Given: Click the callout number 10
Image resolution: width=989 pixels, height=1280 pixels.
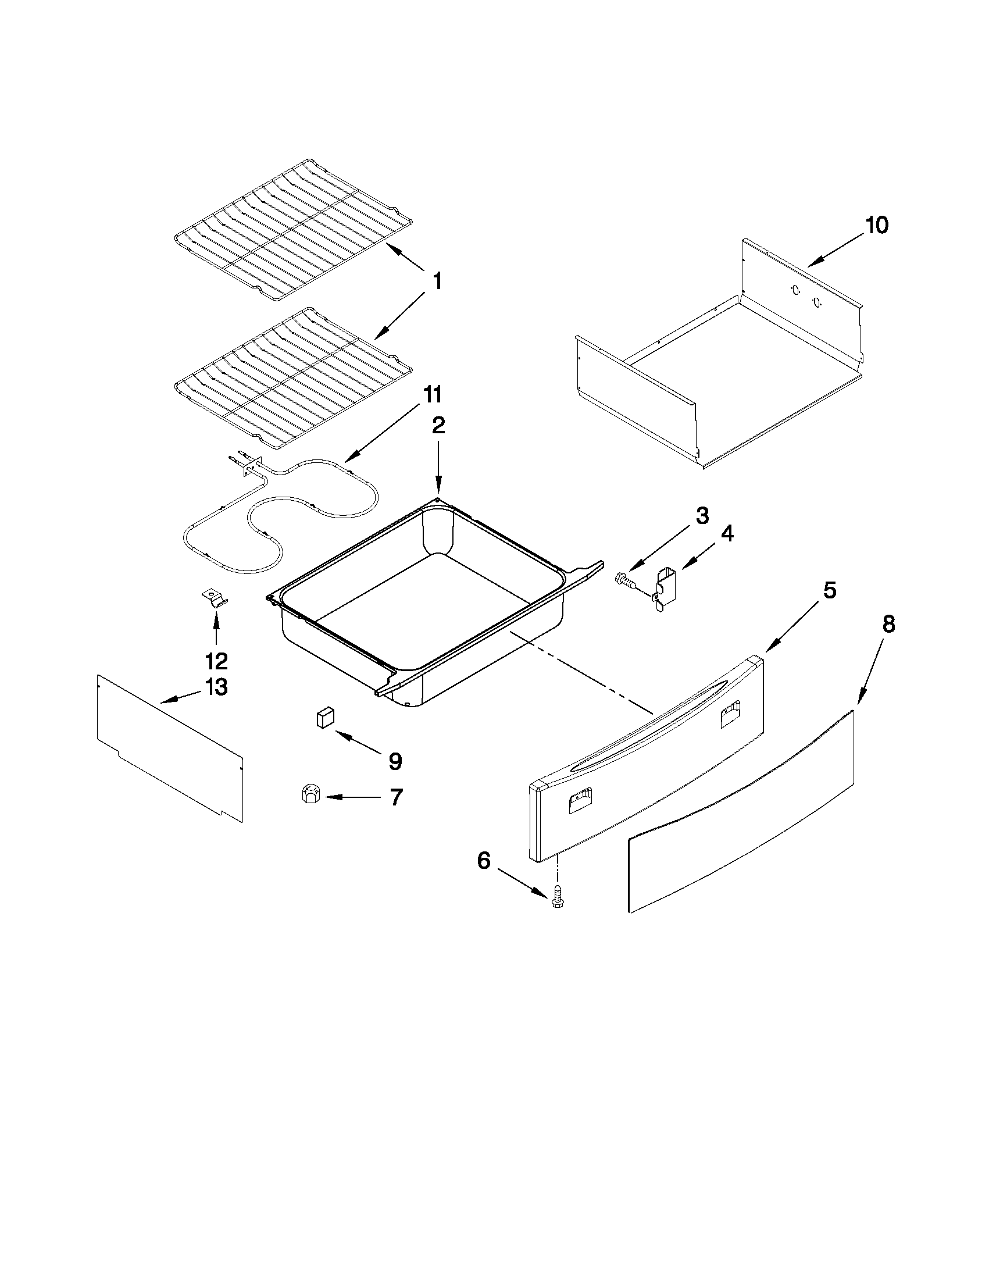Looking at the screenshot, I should [x=877, y=225].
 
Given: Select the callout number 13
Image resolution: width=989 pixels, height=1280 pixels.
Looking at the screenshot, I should [x=216, y=686].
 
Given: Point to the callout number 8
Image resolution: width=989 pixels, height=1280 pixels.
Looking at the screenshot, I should [x=888, y=625].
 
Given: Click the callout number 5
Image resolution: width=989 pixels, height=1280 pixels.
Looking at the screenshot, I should [x=830, y=590].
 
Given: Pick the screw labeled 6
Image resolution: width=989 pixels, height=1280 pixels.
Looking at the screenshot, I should [x=556, y=900].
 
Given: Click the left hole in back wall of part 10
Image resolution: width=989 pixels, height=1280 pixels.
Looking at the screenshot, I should [x=795, y=289].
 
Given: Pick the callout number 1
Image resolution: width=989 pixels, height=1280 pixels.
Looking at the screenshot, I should [x=437, y=282].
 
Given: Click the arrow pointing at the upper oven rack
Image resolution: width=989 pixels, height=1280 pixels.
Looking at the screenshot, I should [x=404, y=257].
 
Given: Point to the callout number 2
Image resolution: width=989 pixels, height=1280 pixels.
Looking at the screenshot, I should [x=438, y=426].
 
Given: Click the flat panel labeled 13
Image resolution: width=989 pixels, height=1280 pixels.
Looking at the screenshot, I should [x=170, y=747].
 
